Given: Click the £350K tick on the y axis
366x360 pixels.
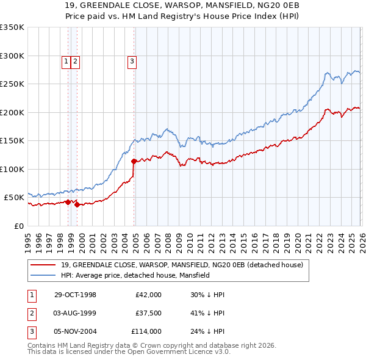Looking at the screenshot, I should point(12,27).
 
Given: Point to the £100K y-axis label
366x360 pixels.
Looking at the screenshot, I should point(12,169).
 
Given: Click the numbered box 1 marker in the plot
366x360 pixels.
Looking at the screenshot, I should point(66,61).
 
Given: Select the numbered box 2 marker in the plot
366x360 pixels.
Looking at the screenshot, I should point(75,61).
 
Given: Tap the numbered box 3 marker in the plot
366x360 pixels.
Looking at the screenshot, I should point(132,61).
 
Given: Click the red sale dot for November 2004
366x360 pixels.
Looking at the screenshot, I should point(134,161).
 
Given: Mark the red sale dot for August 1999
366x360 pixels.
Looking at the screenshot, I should point(77,204).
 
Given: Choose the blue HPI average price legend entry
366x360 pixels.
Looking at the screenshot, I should point(135,275).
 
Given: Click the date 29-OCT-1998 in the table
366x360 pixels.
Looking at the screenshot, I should point(75,295).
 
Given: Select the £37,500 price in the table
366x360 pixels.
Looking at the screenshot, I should point(148,313).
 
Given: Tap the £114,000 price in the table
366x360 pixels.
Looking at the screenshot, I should point(146,331).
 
